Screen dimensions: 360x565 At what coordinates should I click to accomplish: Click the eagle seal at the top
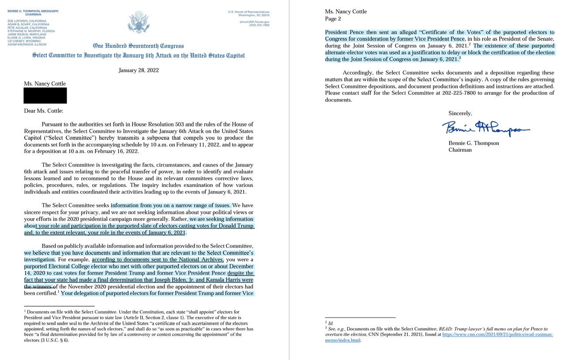[138, 22]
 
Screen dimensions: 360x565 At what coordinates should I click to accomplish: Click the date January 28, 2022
[139, 70]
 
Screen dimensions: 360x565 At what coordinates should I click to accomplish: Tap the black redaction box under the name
[45, 95]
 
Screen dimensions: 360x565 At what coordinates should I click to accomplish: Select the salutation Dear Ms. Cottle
[43, 111]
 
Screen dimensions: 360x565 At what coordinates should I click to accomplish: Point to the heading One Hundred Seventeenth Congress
[138, 46]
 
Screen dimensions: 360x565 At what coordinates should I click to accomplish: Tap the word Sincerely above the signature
[460, 113]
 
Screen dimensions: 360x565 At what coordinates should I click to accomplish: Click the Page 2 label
[333, 19]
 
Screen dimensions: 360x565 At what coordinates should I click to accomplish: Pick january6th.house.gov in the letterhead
[254, 21]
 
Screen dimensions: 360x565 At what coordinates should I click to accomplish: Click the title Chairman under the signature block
[460, 150]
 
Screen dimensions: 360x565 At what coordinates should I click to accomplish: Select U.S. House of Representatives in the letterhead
[249, 12]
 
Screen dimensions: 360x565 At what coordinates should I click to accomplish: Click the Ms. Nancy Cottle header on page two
[346, 11]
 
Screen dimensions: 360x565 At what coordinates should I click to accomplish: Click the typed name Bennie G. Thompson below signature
[474, 143]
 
